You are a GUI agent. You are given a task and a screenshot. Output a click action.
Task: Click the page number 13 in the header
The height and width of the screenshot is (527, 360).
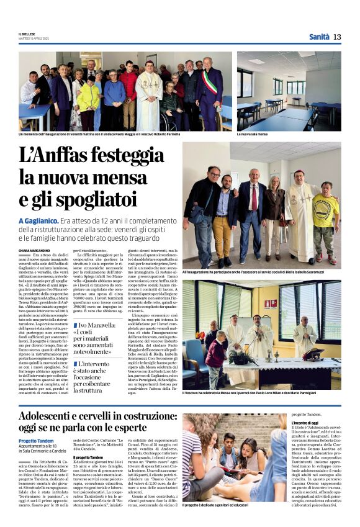tap(337, 37)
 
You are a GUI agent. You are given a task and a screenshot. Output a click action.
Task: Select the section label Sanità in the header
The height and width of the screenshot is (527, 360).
tap(319, 37)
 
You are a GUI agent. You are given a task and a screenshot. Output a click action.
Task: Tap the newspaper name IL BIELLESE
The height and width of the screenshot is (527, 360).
tap(27, 34)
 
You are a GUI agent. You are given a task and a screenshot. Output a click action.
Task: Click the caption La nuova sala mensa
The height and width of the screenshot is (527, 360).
tap(254, 133)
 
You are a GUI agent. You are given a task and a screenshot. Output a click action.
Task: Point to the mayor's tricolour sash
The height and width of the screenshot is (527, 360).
tap(210, 84)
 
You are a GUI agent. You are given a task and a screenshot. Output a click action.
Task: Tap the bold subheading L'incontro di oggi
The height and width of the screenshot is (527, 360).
tap(310, 422)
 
